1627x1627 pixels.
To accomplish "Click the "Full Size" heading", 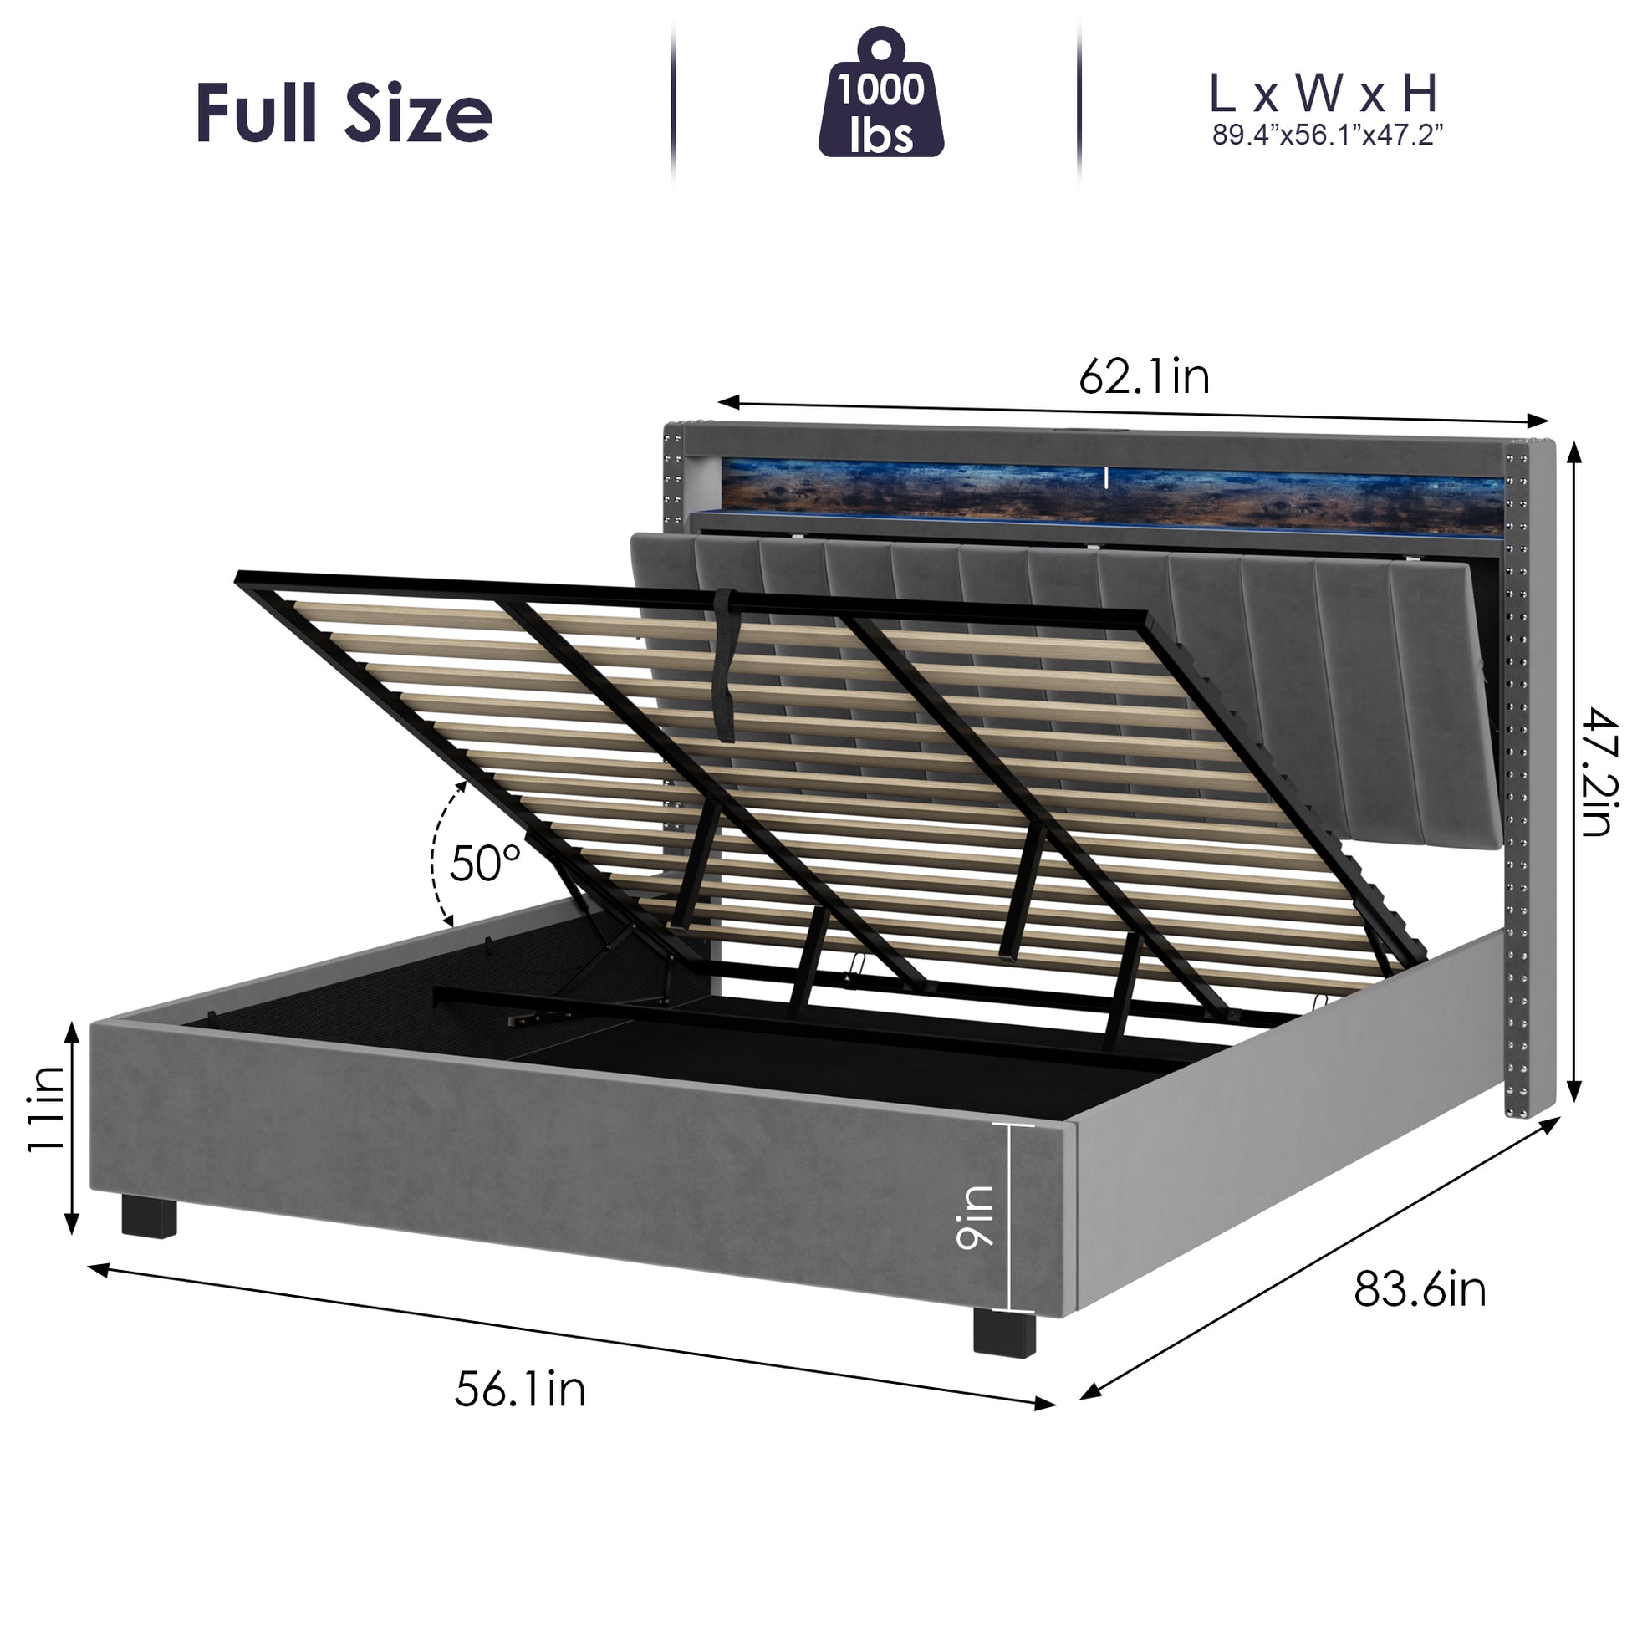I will (344, 114).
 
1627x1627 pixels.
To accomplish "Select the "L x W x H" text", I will (1323, 94).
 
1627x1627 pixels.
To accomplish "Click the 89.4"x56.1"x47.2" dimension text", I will (1327, 135).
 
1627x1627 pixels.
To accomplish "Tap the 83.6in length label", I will (1420, 1290).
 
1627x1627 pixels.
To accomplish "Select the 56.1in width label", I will (519, 1390).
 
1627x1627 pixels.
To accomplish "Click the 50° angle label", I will (485, 863).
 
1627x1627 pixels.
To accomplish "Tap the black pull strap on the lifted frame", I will (723, 666).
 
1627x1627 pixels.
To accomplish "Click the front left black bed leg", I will (149, 1218).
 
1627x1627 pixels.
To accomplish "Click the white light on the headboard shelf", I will (1106, 477).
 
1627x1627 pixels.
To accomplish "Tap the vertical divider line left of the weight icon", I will (674, 101).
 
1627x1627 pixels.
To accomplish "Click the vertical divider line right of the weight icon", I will (1079, 101).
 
